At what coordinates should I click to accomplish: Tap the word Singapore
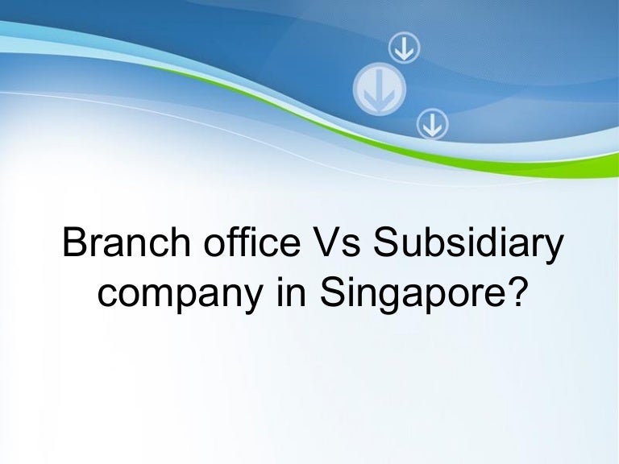pyautogui.click(x=411, y=294)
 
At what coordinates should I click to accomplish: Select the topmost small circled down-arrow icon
pyautogui.click(x=404, y=48)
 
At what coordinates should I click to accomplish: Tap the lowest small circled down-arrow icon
pyautogui.click(x=433, y=124)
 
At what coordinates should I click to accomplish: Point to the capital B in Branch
pyautogui.click(x=75, y=242)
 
